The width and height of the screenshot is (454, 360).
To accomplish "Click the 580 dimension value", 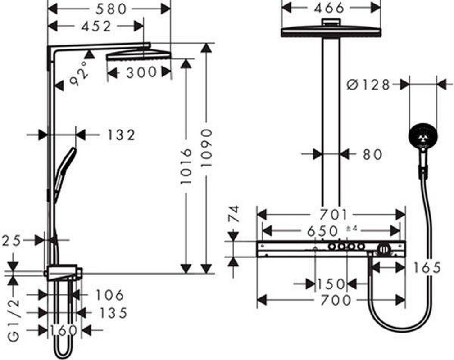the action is [x=111, y=9].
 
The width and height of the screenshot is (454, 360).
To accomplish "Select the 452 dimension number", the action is [x=96, y=27].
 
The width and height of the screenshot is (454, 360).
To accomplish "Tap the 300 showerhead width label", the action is [x=141, y=72].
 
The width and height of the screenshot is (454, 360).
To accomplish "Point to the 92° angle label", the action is [x=79, y=73].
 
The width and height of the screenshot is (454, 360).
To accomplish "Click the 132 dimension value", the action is [x=121, y=135].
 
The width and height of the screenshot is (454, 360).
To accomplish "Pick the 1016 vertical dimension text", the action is [x=186, y=166].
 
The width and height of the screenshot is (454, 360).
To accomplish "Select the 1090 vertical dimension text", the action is [x=207, y=148].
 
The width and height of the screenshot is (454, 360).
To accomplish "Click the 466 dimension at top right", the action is [x=329, y=8].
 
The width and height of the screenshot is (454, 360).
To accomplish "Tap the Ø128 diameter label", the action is [x=368, y=85].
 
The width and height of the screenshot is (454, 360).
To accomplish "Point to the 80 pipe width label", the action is [x=372, y=154].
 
